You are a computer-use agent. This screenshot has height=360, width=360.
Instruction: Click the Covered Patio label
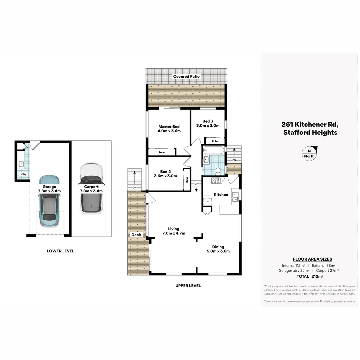186,76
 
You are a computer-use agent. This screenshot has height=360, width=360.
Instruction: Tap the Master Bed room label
169,127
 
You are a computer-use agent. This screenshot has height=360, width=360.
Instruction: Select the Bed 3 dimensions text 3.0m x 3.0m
208,126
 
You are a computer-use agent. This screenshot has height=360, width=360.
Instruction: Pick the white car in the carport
91,188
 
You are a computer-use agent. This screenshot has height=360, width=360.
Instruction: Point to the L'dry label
23,174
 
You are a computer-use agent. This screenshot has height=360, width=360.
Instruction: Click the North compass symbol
309,154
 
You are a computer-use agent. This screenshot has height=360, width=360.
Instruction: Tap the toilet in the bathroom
218,171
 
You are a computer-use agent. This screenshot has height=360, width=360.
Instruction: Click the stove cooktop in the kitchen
216,181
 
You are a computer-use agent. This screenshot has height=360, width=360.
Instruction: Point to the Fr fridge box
208,202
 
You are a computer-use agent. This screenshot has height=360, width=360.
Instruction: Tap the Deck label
136,235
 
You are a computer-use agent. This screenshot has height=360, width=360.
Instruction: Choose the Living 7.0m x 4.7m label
174,231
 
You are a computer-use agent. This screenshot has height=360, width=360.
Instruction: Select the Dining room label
218,247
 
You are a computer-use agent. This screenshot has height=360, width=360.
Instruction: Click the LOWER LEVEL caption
61,251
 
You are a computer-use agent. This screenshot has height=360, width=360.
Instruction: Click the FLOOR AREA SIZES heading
312,259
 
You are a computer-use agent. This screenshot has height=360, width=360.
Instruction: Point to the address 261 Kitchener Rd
310,124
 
